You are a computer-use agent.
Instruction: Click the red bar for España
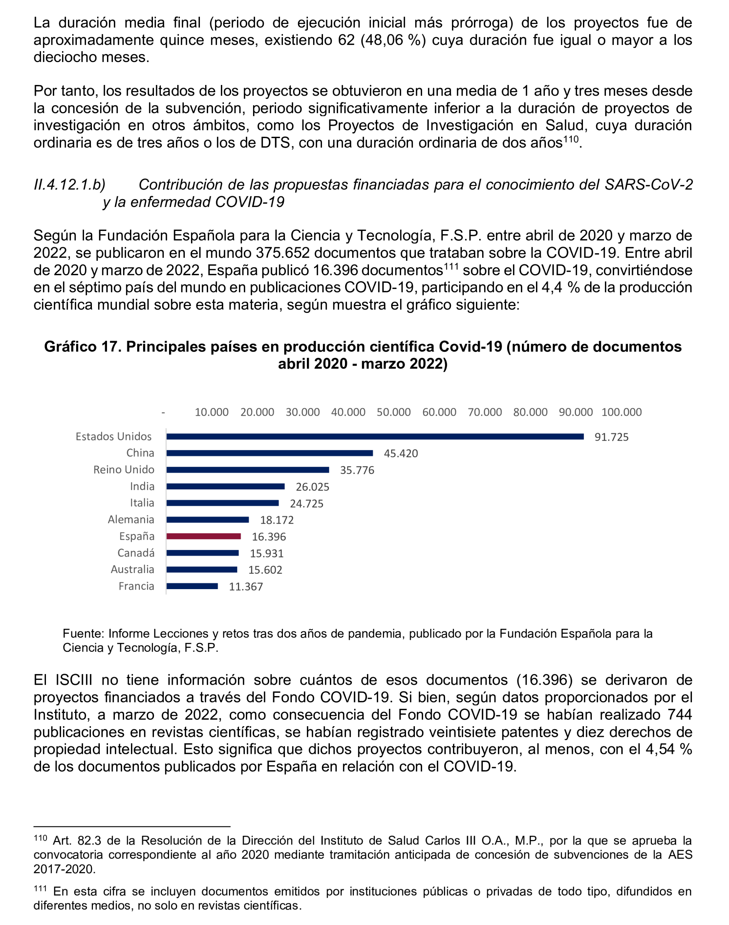pyautogui.click(x=204, y=536)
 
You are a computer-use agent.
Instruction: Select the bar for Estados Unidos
pyautogui.click(x=375, y=437)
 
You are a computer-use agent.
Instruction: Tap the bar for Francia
pyautogui.click(x=192, y=586)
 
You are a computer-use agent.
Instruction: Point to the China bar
pyautogui.click(x=269, y=453)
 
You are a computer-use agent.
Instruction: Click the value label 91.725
pyautogui.click(x=611, y=437)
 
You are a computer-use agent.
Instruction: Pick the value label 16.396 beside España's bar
pyautogui.click(x=268, y=537)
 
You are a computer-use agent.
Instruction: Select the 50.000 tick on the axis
pyautogui.click(x=393, y=412)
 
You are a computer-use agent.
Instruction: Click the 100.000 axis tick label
pyautogui.click(x=621, y=412)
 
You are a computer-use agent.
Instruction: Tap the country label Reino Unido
pyautogui.click(x=124, y=470)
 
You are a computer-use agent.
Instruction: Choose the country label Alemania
pyautogui.click(x=131, y=520)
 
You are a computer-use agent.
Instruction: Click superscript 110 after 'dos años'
pyautogui.click(x=571, y=139)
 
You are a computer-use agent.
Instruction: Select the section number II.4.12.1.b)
pyautogui.click(x=70, y=185)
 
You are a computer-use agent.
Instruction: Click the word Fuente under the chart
pyautogui.click(x=83, y=634)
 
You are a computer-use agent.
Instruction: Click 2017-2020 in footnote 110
pyautogui.click(x=64, y=869)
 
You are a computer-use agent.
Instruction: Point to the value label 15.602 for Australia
pyautogui.click(x=265, y=570)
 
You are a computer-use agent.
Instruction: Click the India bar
pyautogui.click(x=225, y=486)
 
